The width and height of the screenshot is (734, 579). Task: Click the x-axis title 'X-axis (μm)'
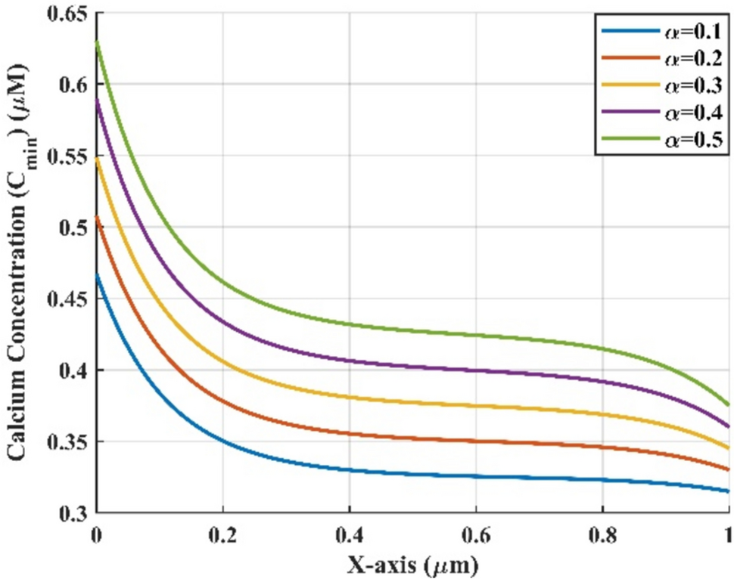pos(412,563)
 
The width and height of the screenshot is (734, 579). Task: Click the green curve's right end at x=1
pos(729,405)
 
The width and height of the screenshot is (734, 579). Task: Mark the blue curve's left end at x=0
pos(96,274)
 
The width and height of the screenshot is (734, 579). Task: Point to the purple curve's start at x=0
pos(96,98)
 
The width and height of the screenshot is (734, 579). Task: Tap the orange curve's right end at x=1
pos(729,469)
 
